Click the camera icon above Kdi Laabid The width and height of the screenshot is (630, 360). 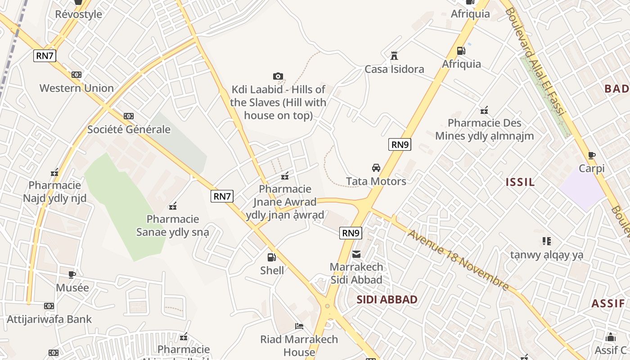point(278,76)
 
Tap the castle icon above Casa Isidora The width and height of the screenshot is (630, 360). point(394,56)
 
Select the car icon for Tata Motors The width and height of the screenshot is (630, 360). point(376,168)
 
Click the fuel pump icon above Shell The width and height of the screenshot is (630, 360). point(271,257)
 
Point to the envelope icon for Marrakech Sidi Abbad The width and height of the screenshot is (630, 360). point(356,254)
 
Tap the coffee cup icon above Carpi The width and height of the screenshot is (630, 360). point(591,156)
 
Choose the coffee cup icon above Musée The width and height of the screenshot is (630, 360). point(72,274)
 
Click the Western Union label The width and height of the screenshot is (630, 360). point(76,88)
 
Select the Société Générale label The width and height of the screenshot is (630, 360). point(129,130)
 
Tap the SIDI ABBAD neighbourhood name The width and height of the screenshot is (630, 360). point(387,299)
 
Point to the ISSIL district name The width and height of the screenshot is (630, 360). point(520,182)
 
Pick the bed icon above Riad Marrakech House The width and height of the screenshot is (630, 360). point(299,326)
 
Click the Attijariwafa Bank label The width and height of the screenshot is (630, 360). point(49,319)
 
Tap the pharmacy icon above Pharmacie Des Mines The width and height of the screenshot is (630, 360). point(484,110)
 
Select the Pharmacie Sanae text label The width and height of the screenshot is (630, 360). point(173,225)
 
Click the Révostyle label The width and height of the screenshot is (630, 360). point(78,14)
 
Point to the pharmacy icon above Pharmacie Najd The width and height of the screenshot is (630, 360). point(54,172)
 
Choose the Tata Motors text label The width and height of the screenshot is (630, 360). point(376,181)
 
